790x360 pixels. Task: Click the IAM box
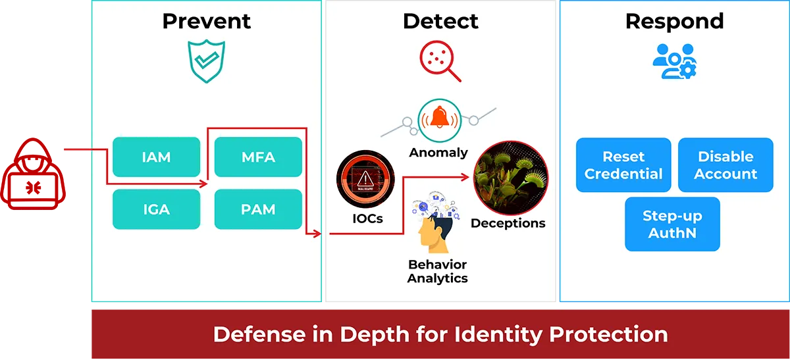[156, 157]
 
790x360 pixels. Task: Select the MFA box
[258, 157]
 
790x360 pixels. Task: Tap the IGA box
[156, 209]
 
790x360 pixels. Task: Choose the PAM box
[258, 209]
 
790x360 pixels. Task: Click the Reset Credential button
[623, 165]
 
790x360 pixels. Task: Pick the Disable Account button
[725, 165]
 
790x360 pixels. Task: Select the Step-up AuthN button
[673, 224]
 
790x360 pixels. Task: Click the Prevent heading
[206, 21]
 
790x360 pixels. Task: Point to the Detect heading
[440, 21]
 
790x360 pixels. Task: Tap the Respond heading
[674, 22]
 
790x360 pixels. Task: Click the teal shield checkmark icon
[206, 61]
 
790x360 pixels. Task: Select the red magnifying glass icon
[440, 61]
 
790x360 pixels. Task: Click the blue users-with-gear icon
[674, 61]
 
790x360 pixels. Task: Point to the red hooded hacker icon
[33, 174]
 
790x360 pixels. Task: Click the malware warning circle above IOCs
[365, 179]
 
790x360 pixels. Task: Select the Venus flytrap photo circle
[511, 178]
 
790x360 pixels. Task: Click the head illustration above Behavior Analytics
[436, 222]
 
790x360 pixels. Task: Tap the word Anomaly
[438, 153]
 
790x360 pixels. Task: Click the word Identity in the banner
[498, 334]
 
